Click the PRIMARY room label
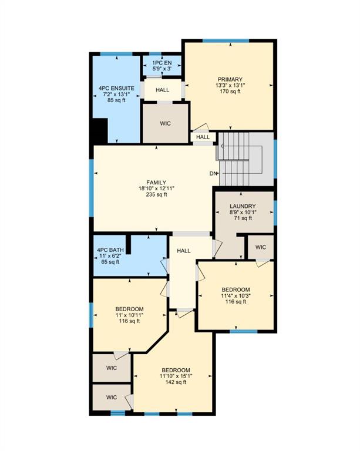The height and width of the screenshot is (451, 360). [230, 79]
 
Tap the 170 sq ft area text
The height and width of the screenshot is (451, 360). [230, 92]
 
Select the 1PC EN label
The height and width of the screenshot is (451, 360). [162, 63]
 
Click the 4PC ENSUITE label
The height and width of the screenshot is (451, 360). [116, 88]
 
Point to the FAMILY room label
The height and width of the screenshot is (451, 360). [156, 183]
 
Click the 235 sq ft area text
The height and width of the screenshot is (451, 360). [156, 195]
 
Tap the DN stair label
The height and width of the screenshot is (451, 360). [213, 173]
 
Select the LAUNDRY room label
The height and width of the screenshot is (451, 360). [243, 206]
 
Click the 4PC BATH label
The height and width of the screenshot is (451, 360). [110, 250]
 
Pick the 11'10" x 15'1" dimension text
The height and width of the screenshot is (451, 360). [176, 376]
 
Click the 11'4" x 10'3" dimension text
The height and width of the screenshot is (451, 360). [235, 296]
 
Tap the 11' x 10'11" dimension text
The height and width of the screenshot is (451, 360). [129, 315]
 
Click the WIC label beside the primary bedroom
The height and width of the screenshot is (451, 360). [166, 124]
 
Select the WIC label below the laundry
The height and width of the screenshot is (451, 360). [261, 247]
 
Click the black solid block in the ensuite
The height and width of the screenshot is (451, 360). [100, 131]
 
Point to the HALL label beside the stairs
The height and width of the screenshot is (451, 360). [203, 137]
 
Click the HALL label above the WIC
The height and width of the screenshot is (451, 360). [163, 90]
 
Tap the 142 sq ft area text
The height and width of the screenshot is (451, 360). [176, 382]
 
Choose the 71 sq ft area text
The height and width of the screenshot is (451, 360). [243, 218]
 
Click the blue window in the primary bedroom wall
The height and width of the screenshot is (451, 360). [226, 41]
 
